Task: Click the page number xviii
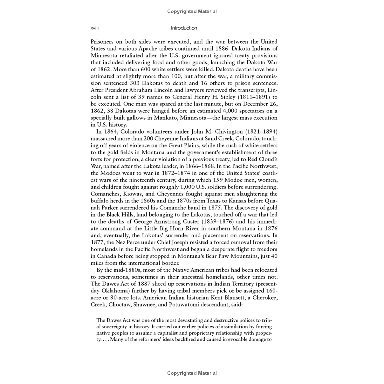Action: pyautogui.click(x=94, y=28)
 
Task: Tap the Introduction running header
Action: pyautogui.click(x=184, y=28)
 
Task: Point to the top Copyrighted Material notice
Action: pyautogui.click(x=192, y=11)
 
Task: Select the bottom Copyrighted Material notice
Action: pyautogui.click(x=192, y=373)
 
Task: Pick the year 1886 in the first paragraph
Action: pyautogui.click(x=222, y=49)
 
